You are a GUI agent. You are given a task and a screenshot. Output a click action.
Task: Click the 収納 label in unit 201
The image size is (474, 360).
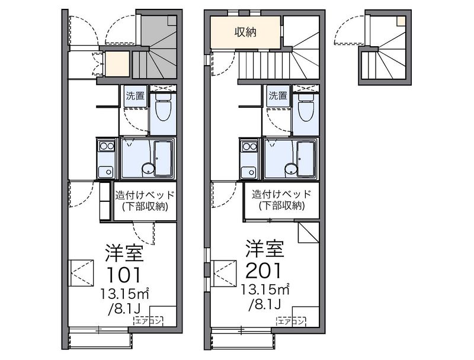click(x=245, y=32)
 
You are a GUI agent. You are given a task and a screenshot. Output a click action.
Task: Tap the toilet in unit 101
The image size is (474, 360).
click(x=164, y=107)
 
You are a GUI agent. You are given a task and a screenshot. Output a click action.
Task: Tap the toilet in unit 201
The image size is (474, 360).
click(x=306, y=107)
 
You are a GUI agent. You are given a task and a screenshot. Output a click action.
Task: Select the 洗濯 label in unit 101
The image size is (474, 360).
click(x=136, y=96)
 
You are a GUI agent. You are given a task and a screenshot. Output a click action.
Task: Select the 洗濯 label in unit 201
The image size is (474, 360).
click(x=278, y=96)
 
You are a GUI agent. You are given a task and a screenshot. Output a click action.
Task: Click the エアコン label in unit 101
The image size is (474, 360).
click(x=148, y=321)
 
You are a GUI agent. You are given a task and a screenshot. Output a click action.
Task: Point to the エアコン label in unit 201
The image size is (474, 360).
click(x=291, y=321)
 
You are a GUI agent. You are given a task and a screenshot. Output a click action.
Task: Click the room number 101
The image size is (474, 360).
click(x=124, y=274)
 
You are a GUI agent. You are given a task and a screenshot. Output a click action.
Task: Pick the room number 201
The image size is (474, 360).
click(x=264, y=271)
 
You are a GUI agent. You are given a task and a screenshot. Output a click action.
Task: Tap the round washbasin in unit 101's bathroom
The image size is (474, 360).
click(x=148, y=169)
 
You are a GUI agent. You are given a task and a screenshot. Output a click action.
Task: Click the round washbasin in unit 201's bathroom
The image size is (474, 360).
click(x=291, y=169)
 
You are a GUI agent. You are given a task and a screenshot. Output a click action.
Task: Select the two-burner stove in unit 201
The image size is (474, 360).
click(x=249, y=146)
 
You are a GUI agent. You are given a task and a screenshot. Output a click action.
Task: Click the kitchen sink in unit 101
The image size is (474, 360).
click(x=107, y=172)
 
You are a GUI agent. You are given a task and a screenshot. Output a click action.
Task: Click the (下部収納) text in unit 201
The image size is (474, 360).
click(x=282, y=205)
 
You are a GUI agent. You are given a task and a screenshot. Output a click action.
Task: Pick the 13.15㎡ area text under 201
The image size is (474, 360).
click(x=265, y=290)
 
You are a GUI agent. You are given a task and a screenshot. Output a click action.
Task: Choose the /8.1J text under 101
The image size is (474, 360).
click(x=124, y=309)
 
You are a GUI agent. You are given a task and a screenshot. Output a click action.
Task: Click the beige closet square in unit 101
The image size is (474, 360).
click(x=117, y=64)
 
